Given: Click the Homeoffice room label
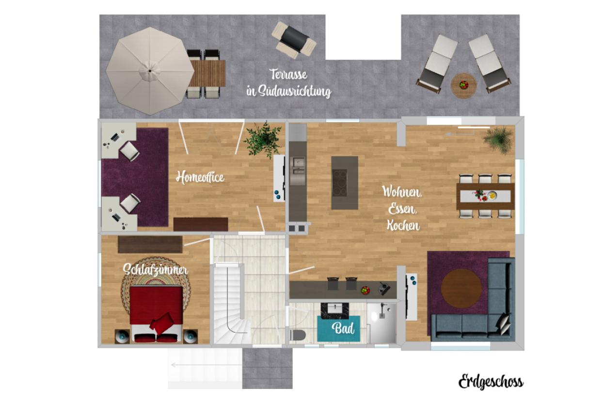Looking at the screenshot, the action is point(200,177).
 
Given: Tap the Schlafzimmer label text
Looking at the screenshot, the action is point(155,270).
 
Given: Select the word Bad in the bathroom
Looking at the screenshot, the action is point(343,328).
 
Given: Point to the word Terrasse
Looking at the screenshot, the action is point(288,75).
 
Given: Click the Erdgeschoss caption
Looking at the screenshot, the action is point(491,382).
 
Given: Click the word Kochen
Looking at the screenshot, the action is point(403,225).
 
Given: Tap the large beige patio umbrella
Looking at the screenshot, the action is point(150,71).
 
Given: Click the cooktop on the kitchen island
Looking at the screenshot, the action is point(339,183).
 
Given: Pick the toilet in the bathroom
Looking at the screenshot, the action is point(298,335).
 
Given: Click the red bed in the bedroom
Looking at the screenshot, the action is point(156,314).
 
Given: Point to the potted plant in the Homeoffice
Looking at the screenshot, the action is point(263,139).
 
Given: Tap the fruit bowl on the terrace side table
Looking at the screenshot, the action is point(464,85).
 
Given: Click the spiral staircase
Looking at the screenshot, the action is point(232,305).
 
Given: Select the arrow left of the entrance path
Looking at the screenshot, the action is point(207,365).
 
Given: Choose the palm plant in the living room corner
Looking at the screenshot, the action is point(498,140).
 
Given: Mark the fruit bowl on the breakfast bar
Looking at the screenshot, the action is point(366,291).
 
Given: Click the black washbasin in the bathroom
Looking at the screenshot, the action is point(334,310).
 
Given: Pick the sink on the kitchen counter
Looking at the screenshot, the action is point(298,166).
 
